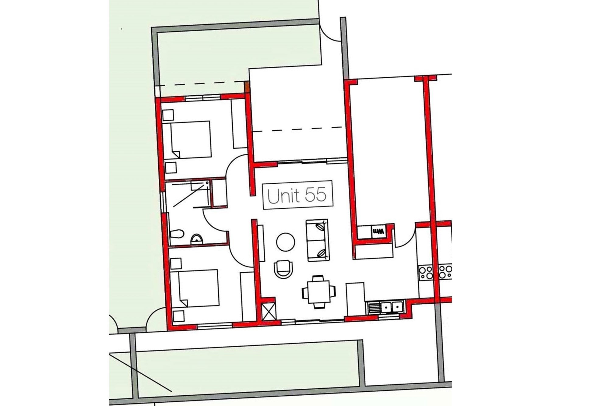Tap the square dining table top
click(x=319, y=292)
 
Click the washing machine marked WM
click(x=378, y=232)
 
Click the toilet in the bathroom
click(x=177, y=234)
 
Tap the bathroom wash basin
click(x=197, y=239)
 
